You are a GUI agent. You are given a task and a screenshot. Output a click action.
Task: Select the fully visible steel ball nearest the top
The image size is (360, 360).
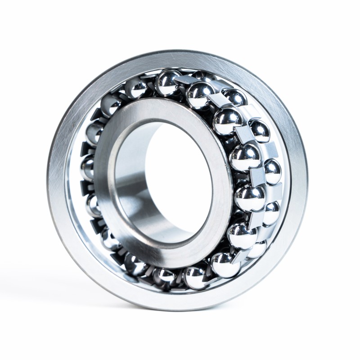click(169, 82)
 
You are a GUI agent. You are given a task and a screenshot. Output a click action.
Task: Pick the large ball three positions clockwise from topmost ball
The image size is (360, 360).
click(245, 155)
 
